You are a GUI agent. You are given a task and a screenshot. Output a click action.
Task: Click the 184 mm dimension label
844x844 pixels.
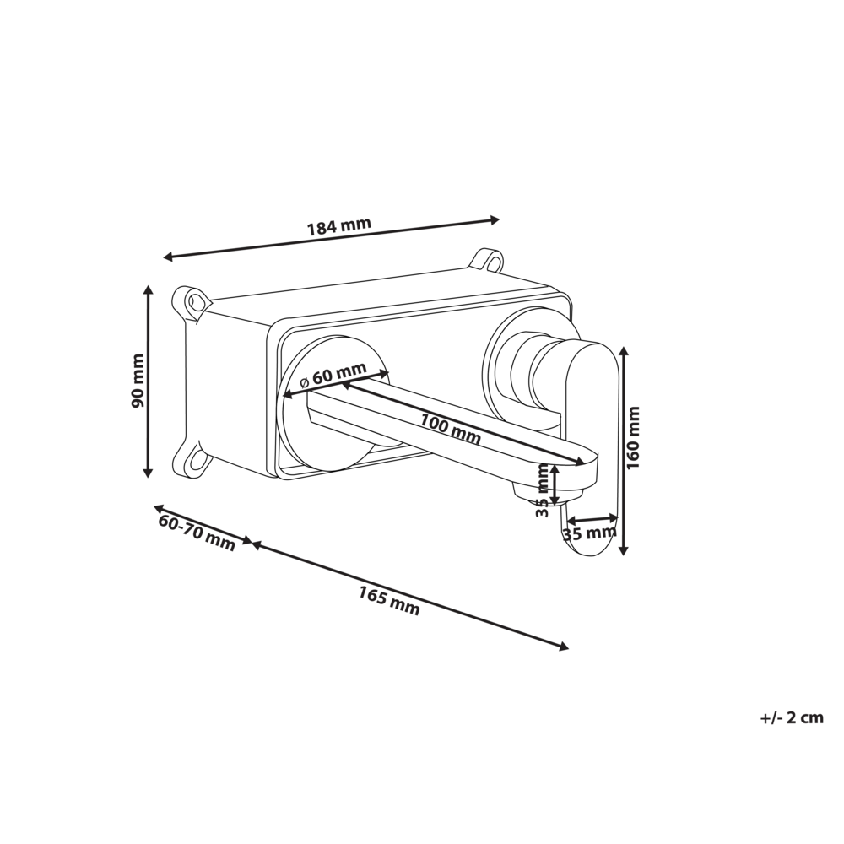click(x=338, y=227)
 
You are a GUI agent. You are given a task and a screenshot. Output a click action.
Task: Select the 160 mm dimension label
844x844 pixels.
click(x=635, y=436)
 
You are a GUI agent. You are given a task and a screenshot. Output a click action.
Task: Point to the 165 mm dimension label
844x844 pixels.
click(x=389, y=600)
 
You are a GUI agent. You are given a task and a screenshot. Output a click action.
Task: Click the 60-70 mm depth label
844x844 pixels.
click(x=197, y=533)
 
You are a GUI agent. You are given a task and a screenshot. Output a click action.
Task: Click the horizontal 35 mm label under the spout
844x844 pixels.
click(x=589, y=533)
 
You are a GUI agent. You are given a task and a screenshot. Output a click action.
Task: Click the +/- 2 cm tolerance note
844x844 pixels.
click(x=791, y=718)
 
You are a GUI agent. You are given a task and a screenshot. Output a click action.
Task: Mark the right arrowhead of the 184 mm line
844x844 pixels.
click(x=495, y=220)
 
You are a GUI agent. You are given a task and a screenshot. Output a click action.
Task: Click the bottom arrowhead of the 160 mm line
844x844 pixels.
click(x=624, y=549)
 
